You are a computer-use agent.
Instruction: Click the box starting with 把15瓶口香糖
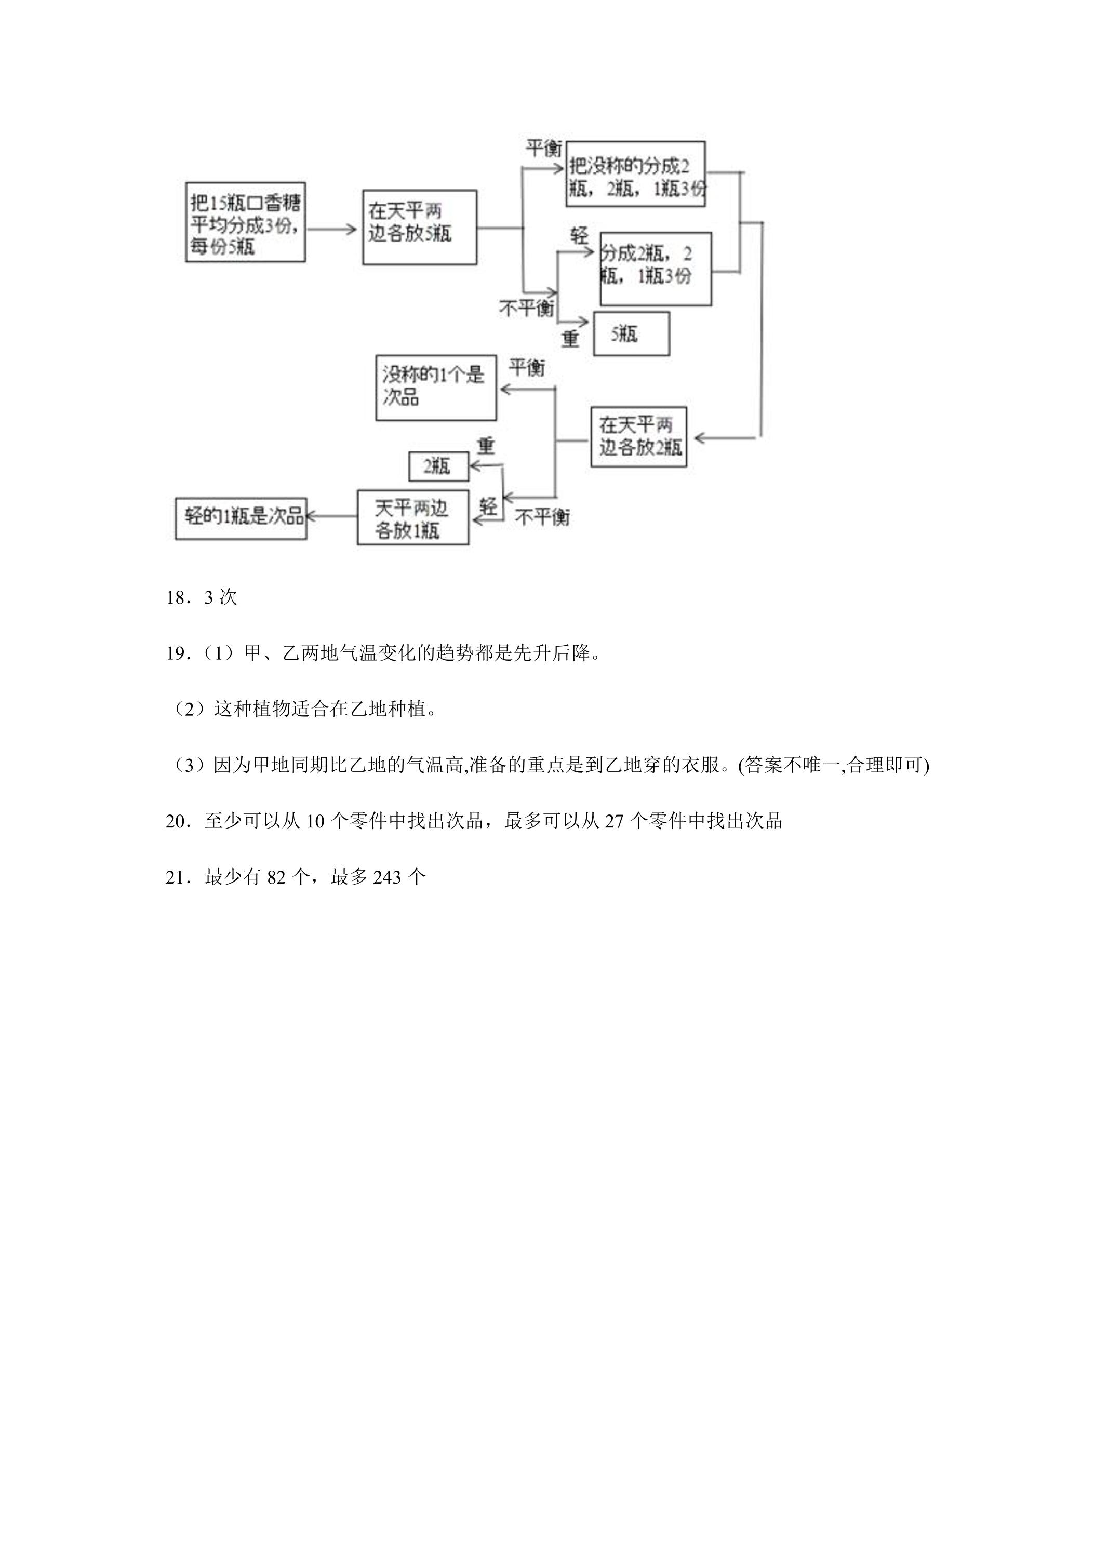pyautogui.click(x=246, y=222)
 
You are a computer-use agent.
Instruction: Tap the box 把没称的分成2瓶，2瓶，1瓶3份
pyautogui.click(x=635, y=174)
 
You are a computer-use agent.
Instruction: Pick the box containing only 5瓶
pyautogui.click(x=632, y=333)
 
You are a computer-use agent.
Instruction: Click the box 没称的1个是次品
pyautogui.click(x=436, y=388)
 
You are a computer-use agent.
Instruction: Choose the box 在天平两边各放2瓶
pyautogui.click(x=638, y=436)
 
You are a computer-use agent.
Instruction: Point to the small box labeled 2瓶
pyautogui.click(x=438, y=466)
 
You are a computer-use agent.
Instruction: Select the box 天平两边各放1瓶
pyautogui.click(x=413, y=517)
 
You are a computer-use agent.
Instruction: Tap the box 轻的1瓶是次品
pyautogui.click(x=241, y=518)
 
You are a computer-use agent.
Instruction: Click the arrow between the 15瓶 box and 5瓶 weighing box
pyautogui.click(x=332, y=230)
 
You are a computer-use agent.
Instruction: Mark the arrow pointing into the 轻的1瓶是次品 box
pyautogui.click(x=332, y=517)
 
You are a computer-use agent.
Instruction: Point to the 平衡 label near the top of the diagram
pyautogui.click(x=543, y=148)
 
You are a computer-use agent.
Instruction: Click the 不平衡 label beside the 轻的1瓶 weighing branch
pyautogui.click(x=542, y=517)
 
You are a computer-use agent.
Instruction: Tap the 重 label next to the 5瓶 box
pyautogui.click(x=570, y=338)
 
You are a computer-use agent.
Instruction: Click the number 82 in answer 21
pyautogui.click(x=277, y=878)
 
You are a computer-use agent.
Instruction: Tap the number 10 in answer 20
pyautogui.click(x=315, y=822)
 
